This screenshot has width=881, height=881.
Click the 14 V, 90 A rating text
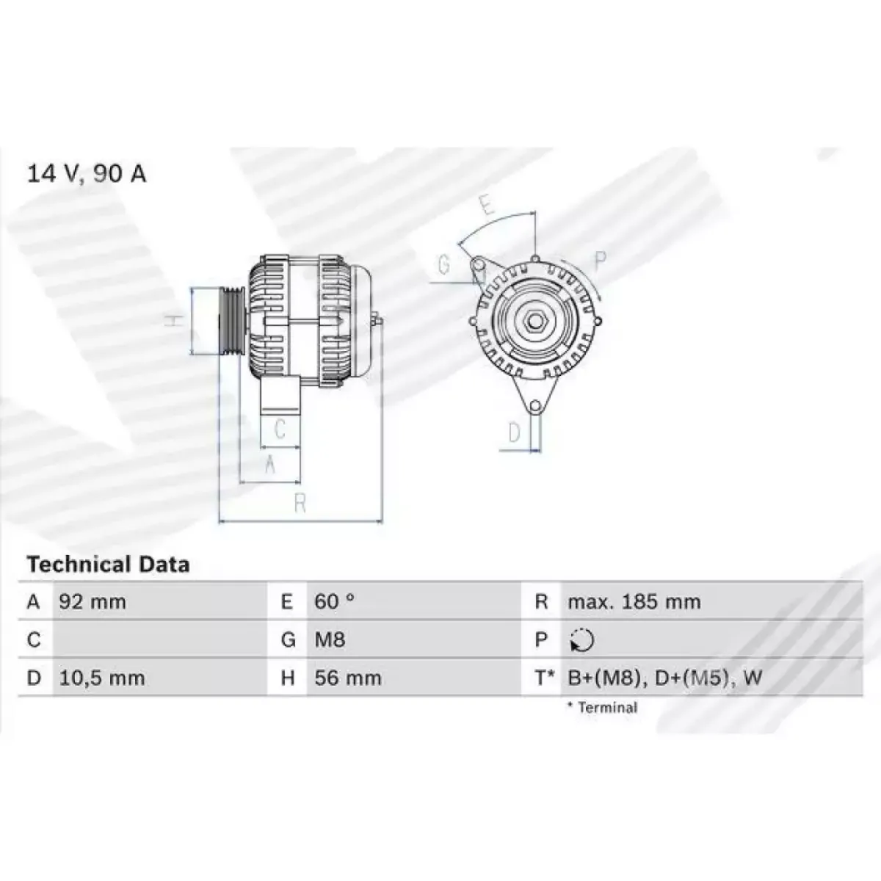click(87, 174)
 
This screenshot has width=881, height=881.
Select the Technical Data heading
click(109, 565)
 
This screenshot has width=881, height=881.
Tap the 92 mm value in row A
click(93, 602)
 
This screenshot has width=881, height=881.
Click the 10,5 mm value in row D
click(102, 678)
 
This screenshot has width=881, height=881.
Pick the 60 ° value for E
click(334, 602)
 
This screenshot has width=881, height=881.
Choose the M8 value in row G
click(330, 639)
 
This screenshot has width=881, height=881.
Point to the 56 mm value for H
click(347, 678)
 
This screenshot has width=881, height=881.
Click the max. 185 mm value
click(634, 602)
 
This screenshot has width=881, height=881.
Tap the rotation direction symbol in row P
click(582, 639)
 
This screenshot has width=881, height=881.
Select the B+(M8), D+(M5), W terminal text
click(664, 678)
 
